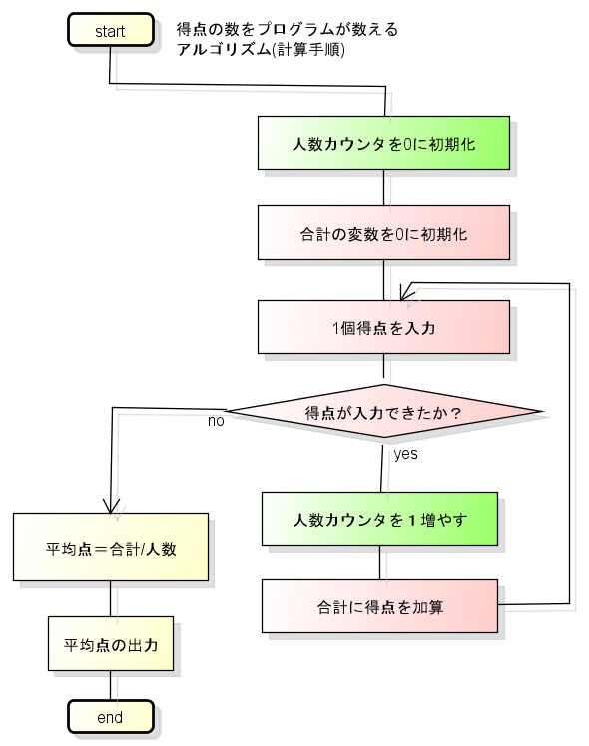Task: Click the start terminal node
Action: click(111, 30)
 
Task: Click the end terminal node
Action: click(111, 716)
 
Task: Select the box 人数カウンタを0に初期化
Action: click(383, 143)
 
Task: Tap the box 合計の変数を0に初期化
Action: click(383, 233)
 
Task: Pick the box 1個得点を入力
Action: click(383, 327)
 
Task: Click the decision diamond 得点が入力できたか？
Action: click(383, 411)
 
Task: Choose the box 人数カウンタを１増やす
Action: click(379, 519)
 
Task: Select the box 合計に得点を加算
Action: click(379, 606)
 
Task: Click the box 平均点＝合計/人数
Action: click(111, 548)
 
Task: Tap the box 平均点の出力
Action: click(111, 644)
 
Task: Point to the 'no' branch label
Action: click(216, 421)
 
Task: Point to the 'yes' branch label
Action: click(405, 454)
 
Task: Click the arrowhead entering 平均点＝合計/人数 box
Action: click(111, 507)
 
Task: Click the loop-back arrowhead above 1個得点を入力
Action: click(405, 293)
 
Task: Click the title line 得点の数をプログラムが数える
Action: click(288, 30)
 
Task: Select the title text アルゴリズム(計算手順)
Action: click(261, 49)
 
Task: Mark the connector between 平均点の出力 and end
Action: click(111, 685)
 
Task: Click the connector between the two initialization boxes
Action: click(383, 187)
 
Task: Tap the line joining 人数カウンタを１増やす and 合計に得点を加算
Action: click(379, 562)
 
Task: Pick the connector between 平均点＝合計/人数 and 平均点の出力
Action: click(111, 599)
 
